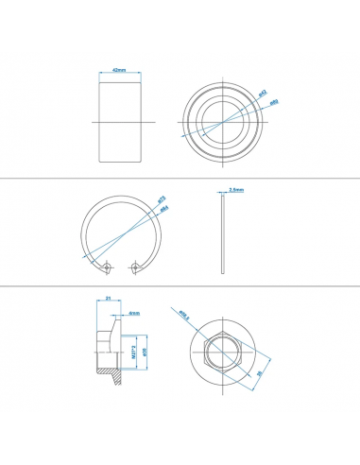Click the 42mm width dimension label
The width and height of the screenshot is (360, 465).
click(119, 70)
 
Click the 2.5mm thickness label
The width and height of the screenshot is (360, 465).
click(236, 189)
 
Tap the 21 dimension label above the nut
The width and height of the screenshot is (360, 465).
click(109, 300)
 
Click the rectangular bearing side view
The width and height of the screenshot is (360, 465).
click(119, 123)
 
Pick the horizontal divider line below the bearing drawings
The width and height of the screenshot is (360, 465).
click(180, 179)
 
